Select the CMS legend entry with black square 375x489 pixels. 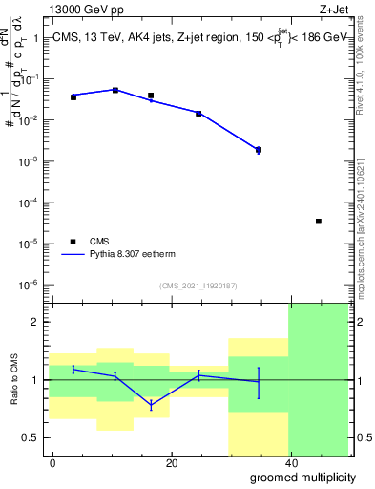75,243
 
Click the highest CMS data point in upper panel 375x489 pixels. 115,90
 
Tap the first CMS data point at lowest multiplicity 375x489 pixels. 73,97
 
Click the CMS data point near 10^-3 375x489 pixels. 259,149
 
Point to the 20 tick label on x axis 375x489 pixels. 171,463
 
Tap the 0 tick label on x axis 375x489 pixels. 53,463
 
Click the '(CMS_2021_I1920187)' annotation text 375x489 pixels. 198,286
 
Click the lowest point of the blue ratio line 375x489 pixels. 151,406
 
